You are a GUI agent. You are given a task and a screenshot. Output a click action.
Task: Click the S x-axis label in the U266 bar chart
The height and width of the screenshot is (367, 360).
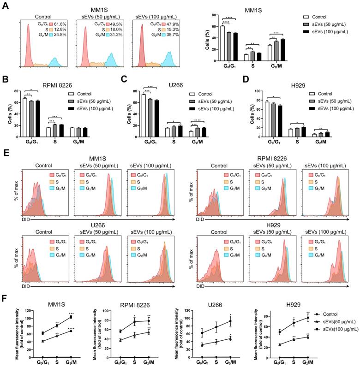174,142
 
